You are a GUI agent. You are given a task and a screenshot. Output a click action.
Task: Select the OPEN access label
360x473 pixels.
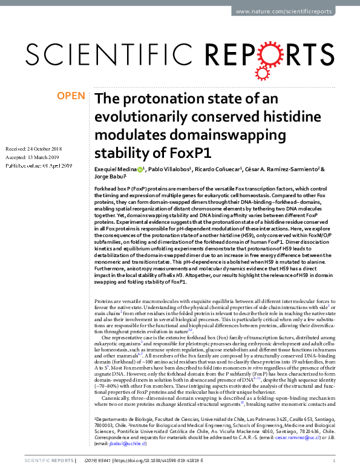pos(70,96)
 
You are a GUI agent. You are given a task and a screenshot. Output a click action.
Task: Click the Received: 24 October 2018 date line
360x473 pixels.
pos(33,149)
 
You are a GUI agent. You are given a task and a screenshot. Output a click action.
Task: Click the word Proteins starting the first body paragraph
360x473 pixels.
pos(105,301)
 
